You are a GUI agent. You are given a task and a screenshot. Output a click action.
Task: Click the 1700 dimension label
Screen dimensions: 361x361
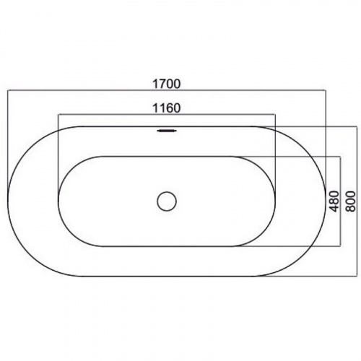tap(167, 84)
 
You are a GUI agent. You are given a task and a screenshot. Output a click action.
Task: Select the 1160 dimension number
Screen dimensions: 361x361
tap(167, 108)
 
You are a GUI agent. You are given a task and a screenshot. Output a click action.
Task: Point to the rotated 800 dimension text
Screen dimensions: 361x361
tap(350, 201)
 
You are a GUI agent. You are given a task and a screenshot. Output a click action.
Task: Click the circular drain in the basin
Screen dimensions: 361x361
tap(167, 201)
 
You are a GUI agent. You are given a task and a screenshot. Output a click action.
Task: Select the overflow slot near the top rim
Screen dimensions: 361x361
tap(167, 131)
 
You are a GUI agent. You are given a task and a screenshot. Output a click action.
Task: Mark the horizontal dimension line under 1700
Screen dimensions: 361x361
tap(167, 90)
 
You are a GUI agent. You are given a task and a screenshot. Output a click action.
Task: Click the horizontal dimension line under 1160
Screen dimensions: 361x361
tap(167, 115)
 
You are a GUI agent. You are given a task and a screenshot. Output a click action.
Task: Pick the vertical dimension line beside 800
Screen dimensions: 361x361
tap(356, 201)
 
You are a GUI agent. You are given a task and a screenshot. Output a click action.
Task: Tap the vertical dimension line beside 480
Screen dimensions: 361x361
tap(340, 201)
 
